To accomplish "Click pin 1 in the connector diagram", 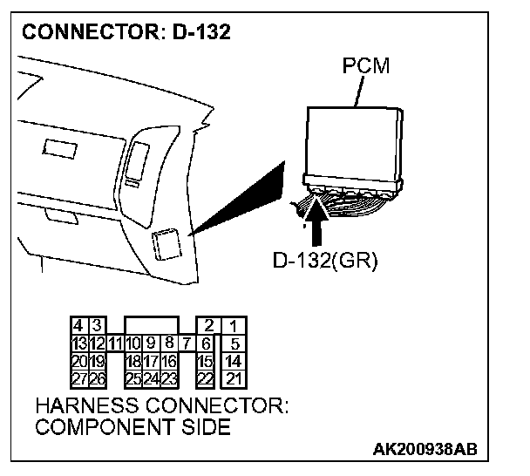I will (233, 326).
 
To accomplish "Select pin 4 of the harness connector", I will (78, 326).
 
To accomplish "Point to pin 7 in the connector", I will (187, 343).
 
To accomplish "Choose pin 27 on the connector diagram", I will (78, 378).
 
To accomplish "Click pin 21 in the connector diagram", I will (233, 378).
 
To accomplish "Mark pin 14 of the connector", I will (233, 361).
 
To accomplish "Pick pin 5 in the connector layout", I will (234, 343).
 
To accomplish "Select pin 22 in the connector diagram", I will (206, 378).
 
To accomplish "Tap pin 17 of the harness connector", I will (151, 361).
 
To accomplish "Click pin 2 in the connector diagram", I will (207, 326).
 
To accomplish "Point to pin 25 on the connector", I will (132, 378).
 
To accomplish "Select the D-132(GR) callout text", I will (324, 262).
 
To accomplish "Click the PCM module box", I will (353, 139).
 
